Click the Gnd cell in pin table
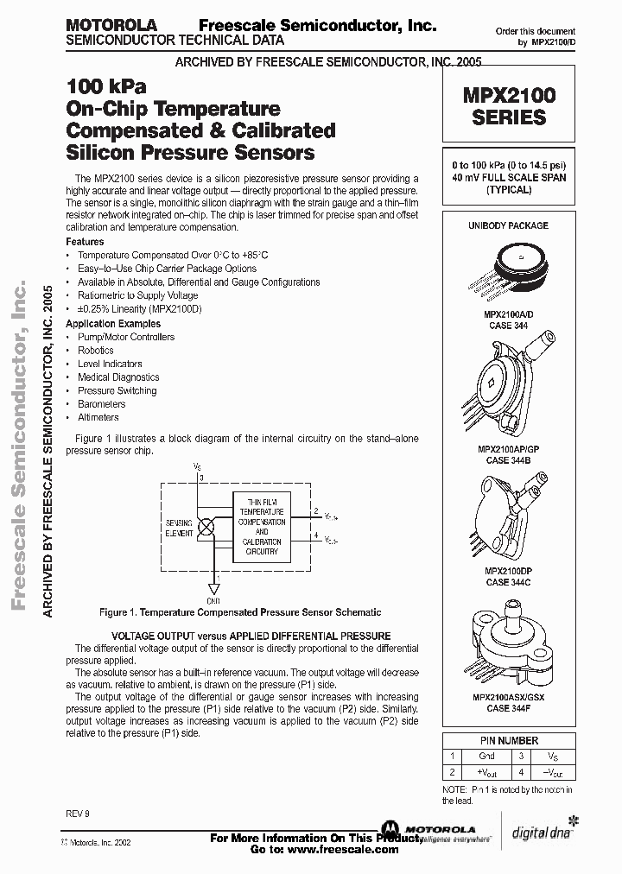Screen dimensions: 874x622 click(x=486, y=756)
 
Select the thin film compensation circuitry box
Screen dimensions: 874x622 click(x=262, y=526)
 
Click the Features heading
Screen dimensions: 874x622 click(x=85, y=242)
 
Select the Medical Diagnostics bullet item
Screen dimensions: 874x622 click(x=118, y=377)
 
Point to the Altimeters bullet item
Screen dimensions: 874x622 click(x=98, y=417)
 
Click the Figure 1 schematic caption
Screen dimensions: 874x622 click(x=240, y=612)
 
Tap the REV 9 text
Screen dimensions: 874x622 click(x=77, y=812)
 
